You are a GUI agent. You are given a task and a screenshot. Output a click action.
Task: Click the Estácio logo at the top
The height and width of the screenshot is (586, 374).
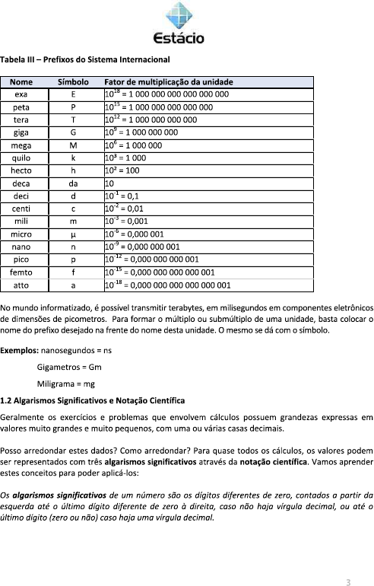click(178, 23)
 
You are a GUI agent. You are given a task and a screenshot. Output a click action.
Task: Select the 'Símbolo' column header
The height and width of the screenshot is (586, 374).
click(73, 81)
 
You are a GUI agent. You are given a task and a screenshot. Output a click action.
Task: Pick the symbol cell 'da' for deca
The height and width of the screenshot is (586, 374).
click(73, 183)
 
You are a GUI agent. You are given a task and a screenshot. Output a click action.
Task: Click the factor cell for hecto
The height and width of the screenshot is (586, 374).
click(122, 170)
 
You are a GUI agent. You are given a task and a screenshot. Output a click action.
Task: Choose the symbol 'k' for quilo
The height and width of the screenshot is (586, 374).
click(73, 158)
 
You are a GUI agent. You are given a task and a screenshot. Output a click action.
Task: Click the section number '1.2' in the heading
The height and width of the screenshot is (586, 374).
click(6, 400)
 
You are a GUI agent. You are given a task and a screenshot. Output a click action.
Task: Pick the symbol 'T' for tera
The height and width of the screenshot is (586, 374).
click(73, 119)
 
